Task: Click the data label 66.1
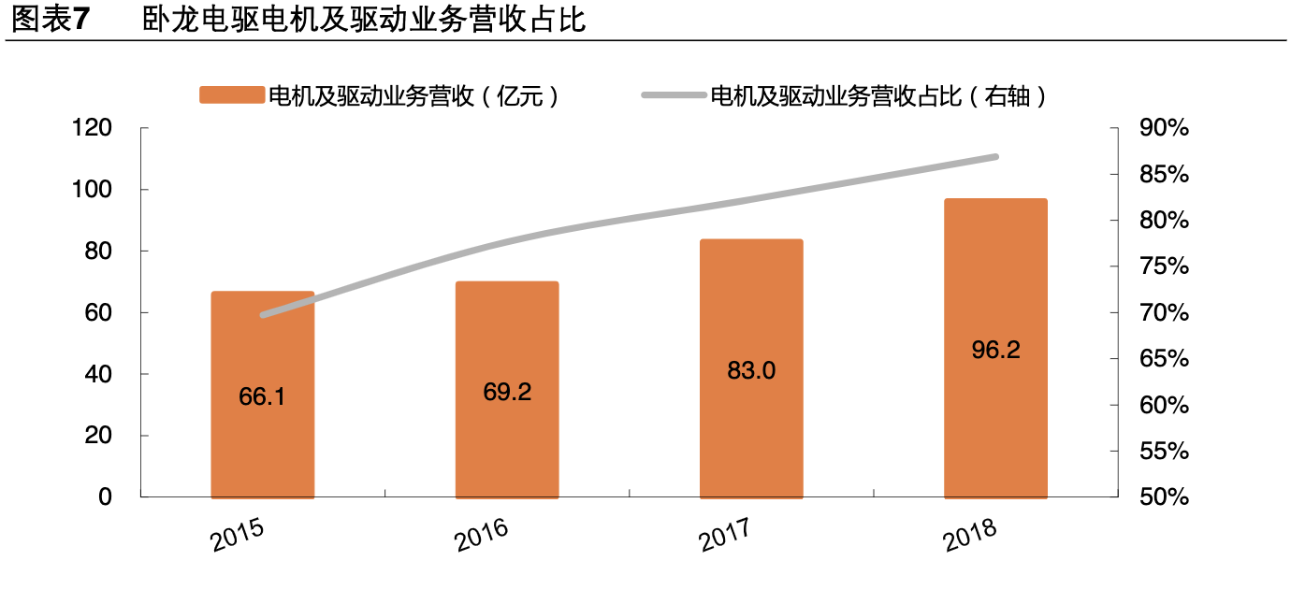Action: coord(262,396)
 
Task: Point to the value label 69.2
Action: coord(507,392)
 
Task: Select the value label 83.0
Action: coord(751,371)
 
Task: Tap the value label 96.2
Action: coord(995,350)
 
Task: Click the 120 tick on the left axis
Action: coord(92,129)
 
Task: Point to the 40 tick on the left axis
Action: coord(97,374)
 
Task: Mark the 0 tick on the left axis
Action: coord(105,497)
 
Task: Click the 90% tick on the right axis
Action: coord(1164,129)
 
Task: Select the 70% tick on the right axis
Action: coord(1164,313)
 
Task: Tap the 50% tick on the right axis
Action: coord(1164,497)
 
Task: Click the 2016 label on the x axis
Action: coord(482,535)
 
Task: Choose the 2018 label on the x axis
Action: coord(971,535)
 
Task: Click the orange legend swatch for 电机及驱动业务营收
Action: coord(231,95)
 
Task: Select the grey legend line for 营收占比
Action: coord(674,95)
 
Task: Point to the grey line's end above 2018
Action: coord(995,157)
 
